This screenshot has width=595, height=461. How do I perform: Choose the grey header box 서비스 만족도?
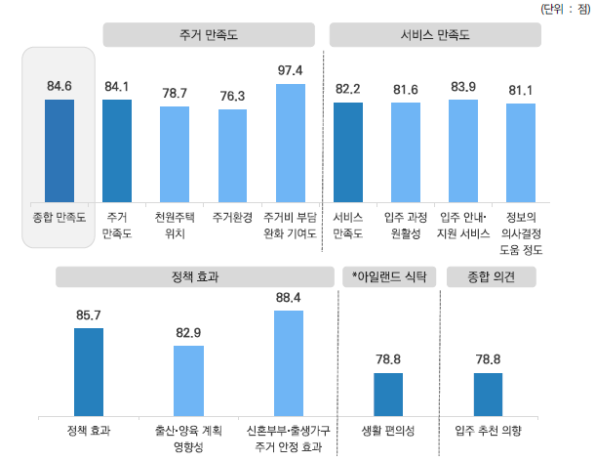435,35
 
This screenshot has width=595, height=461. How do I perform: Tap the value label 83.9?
463,89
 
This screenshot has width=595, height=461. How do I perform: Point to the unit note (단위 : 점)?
564,8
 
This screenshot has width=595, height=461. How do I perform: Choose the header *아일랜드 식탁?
387,277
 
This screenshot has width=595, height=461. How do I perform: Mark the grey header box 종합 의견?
488,277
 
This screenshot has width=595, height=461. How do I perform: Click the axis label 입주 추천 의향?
488,429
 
